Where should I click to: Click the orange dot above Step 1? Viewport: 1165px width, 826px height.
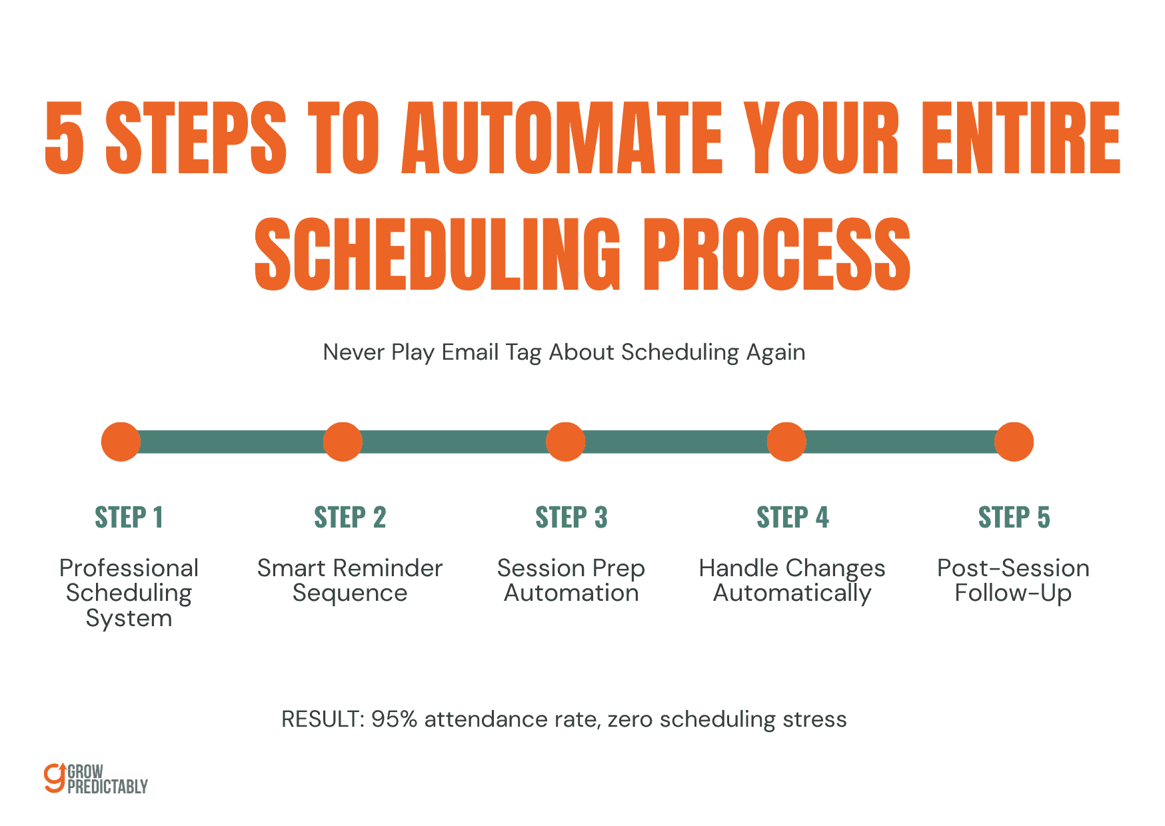[x=121, y=442]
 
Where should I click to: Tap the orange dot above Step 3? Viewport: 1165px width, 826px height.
[x=565, y=442]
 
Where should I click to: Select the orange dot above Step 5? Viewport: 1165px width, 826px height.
[x=1013, y=442]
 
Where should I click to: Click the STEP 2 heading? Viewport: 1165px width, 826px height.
[x=350, y=518]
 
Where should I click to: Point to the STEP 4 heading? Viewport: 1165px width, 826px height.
[x=792, y=518]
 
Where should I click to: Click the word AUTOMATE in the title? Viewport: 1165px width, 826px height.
[x=562, y=139]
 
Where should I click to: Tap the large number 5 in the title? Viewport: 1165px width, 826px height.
[x=65, y=139]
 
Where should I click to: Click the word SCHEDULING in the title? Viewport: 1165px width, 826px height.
[x=437, y=254]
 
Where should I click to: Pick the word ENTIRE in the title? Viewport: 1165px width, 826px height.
[x=1020, y=139]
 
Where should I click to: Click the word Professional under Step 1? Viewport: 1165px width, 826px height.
[x=129, y=568]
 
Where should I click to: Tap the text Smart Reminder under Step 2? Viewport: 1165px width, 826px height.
[x=350, y=568]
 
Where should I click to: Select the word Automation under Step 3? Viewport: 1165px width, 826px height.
[x=571, y=593]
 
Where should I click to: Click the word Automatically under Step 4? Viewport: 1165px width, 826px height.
[x=792, y=593]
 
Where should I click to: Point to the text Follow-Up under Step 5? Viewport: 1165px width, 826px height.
[x=1013, y=593]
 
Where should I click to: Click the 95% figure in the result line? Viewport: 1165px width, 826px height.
[x=394, y=719]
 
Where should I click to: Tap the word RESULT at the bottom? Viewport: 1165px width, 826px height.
[x=320, y=719]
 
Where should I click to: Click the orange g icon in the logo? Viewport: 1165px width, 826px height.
[x=54, y=778]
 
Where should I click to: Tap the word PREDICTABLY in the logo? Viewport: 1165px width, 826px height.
[x=107, y=787]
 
